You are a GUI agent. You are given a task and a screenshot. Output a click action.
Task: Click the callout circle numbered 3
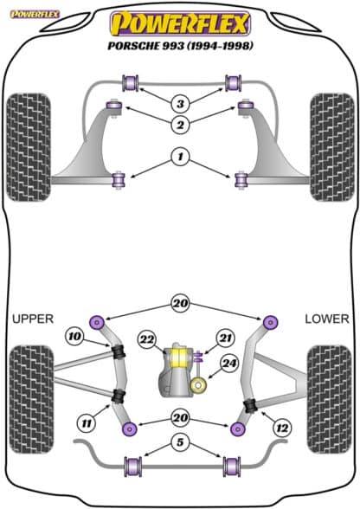tap(180, 104)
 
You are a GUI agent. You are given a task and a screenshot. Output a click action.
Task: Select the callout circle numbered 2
tap(180, 125)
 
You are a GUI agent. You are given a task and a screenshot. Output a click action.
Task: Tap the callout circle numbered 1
tap(180, 158)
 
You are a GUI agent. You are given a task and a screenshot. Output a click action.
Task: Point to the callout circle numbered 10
tap(74, 336)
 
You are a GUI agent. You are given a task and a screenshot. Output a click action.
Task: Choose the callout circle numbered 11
tap(87, 423)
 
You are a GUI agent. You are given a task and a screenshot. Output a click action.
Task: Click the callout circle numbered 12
tap(282, 428)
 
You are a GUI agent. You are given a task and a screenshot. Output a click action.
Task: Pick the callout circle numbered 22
tap(147, 340)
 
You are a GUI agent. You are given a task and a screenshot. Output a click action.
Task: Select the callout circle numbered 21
tap(225, 338)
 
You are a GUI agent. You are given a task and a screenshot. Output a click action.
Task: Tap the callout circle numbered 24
tap(229, 364)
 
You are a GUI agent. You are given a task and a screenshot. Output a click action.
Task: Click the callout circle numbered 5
tap(180, 442)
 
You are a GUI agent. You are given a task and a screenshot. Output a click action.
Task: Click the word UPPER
tap(33, 319)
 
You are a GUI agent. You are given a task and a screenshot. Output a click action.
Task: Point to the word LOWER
tap(327, 319)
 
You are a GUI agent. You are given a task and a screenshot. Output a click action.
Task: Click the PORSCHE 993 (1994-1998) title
tap(180, 46)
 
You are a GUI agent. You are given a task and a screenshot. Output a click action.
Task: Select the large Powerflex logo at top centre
tap(180, 23)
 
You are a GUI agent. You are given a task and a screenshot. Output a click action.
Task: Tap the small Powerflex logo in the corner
tap(35, 14)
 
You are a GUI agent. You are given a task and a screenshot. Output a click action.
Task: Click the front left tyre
tap(29, 147)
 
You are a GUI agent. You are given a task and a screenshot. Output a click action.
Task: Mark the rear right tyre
tap(329, 399)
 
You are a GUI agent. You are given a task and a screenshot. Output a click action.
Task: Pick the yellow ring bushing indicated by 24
tap(198, 385)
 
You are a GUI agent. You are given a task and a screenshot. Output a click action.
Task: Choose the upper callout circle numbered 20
tap(180, 304)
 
